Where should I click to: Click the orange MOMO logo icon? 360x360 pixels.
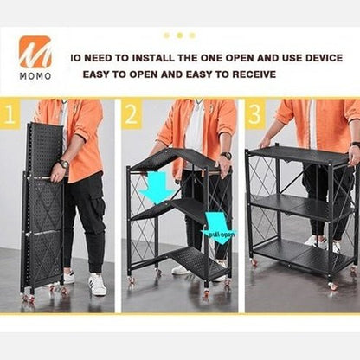(x=35, y=52)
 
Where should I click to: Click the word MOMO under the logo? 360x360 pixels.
(x=35, y=76)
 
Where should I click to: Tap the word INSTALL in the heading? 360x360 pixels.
(x=153, y=58)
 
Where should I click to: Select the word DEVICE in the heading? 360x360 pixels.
(x=324, y=58)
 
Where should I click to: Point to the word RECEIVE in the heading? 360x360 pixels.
(x=254, y=74)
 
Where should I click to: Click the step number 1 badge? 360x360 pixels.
(x=10, y=113)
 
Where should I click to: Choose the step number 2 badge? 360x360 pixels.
(x=132, y=113)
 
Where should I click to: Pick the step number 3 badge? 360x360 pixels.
(x=255, y=113)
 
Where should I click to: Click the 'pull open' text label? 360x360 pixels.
(x=222, y=235)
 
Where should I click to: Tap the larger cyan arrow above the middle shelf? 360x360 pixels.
(x=157, y=188)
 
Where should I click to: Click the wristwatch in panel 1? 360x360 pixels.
(x=64, y=164)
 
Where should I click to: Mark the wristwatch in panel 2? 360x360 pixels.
(x=226, y=156)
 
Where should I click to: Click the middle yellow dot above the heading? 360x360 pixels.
(x=180, y=35)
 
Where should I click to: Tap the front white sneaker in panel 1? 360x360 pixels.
(x=97, y=285)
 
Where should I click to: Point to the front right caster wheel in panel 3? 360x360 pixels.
(x=332, y=286)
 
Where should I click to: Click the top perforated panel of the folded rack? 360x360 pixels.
(x=45, y=150)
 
